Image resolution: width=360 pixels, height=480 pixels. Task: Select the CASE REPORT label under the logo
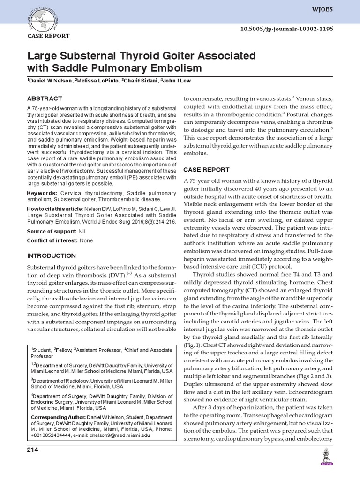pyautogui.click(x=49, y=36)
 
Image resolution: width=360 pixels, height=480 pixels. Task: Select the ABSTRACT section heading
pyautogui.click(x=45, y=98)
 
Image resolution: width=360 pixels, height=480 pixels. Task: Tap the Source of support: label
pyautogui.click(x=52, y=232)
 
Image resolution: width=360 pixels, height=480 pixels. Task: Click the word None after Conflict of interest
pyautogui.click(x=86, y=241)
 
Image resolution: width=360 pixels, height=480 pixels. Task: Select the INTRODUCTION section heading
pyautogui.click(x=52, y=256)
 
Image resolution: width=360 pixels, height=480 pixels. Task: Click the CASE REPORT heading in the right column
pyautogui.click(x=206, y=170)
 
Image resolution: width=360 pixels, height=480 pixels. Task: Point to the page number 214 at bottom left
pyautogui.click(x=32, y=450)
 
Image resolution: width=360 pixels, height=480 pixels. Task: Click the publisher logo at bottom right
pyautogui.click(x=326, y=457)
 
